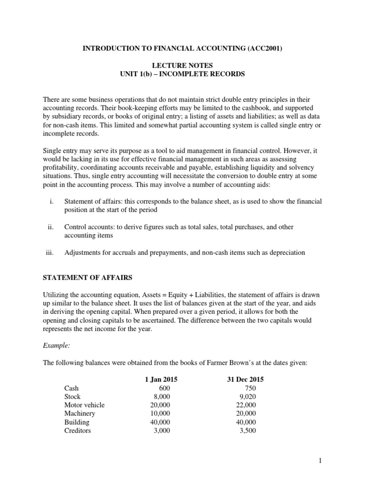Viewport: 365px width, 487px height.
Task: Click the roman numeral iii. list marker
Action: click(51, 253)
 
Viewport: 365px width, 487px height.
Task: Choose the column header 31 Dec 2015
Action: click(244, 380)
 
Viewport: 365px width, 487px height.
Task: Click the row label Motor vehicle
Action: click(84, 405)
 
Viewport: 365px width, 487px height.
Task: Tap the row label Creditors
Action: click(77, 431)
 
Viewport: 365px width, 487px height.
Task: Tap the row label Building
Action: click(77, 422)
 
